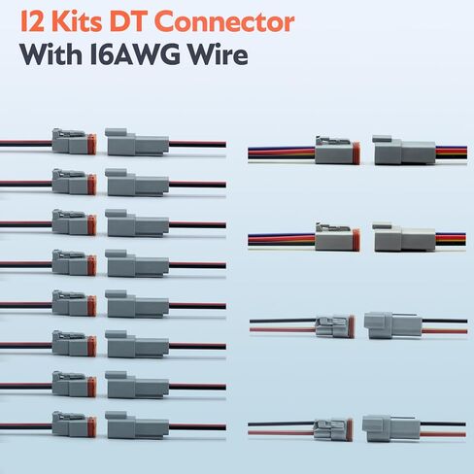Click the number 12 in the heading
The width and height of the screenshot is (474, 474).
[x=32, y=21]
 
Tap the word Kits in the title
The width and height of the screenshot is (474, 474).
[x=77, y=21]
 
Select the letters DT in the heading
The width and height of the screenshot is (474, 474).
[x=130, y=21]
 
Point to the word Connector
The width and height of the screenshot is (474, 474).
[x=225, y=22]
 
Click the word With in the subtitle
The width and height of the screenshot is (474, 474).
[x=51, y=53]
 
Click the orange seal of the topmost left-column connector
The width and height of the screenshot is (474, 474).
[x=91, y=144]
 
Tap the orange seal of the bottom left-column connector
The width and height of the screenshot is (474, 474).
[x=91, y=426]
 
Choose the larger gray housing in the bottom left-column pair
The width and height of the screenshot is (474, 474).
[x=137, y=424]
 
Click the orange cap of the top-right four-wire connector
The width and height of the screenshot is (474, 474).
[x=356, y=152]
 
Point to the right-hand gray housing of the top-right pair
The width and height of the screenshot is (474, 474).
[x=404, y=150]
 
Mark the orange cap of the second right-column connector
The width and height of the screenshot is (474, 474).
[x=356, y=240]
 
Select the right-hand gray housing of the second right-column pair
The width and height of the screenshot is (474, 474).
[x=404, y=237]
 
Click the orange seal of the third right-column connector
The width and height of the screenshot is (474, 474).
[x=352, y=326]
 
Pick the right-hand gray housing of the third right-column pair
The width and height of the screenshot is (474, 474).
[x=392, y=325]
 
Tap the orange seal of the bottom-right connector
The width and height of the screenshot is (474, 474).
[x=350, y=430]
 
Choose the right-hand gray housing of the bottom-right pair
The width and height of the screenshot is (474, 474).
[x=391, y=428]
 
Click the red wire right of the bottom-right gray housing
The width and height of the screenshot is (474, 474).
[x=443, y=434]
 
